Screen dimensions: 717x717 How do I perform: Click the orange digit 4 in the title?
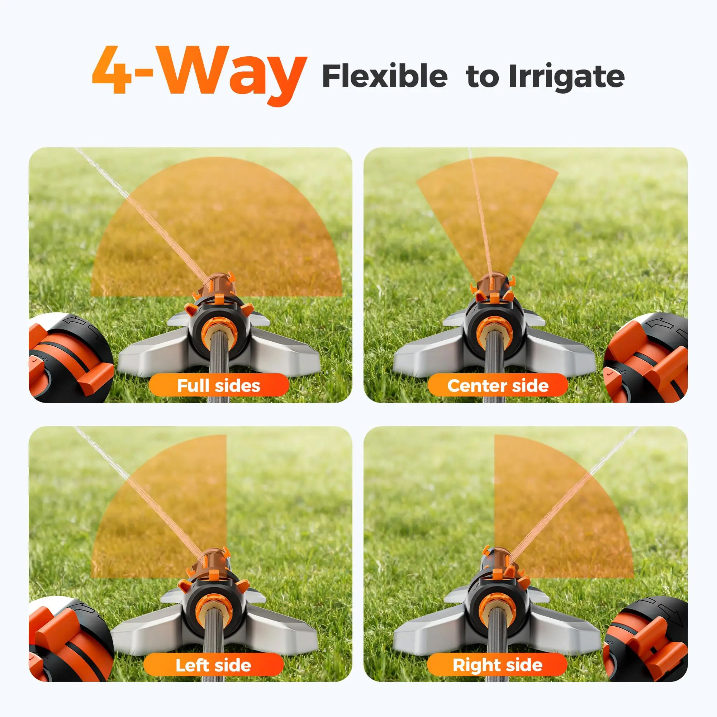click(112, 70)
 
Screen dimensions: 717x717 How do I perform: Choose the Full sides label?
click(219, 386)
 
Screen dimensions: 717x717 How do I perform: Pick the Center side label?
click(498, 386)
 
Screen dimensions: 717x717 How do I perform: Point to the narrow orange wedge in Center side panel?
click(487, 208)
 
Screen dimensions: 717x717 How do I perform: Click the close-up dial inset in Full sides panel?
click(71, 358)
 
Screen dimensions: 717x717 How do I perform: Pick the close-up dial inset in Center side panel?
click(646, 358)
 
